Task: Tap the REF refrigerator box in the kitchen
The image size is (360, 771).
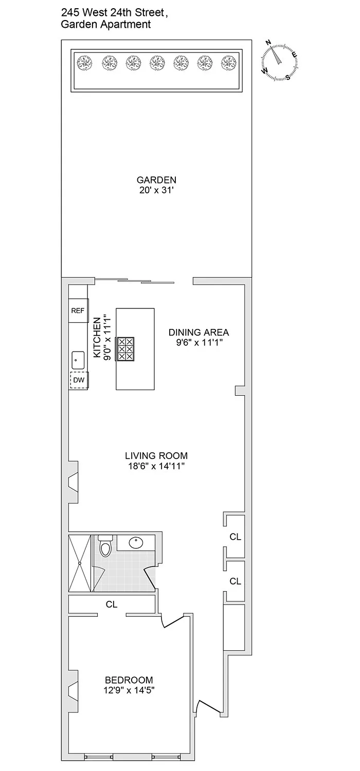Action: click(78, 310)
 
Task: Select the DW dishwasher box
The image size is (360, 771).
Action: click(78, 379)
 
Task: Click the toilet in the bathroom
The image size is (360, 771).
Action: click(105, 547)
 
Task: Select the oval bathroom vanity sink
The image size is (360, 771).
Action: click(137, 543)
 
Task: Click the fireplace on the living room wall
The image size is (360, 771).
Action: click(74, 482)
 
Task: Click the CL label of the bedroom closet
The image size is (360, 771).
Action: click(112, 604)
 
